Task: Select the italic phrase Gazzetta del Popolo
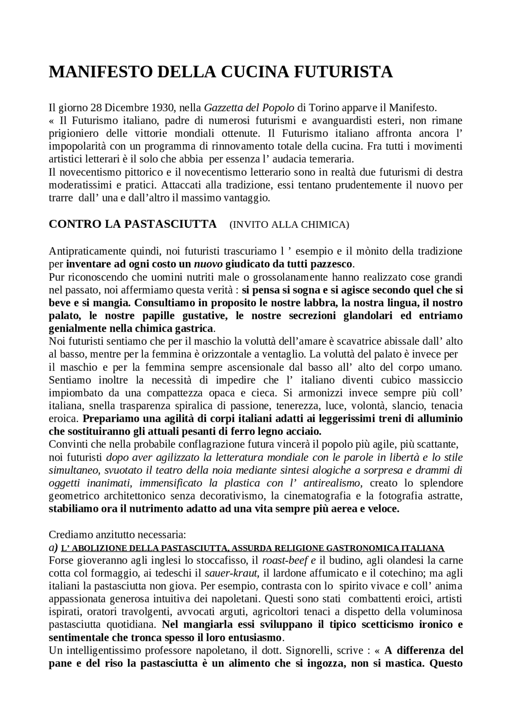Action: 249,108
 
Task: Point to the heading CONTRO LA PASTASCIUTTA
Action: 132,224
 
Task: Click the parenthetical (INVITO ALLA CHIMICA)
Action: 289,225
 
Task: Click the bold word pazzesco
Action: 334,264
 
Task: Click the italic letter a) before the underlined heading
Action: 53,548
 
